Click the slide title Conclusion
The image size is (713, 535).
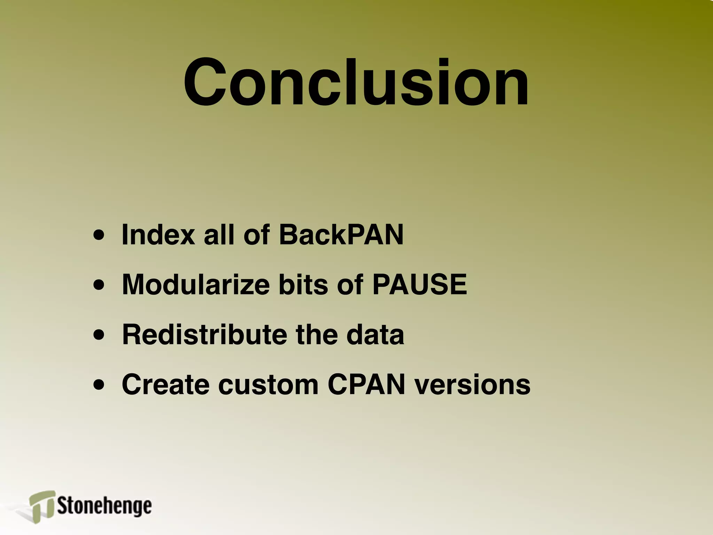(x=356, y=83)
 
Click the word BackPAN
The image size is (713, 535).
(x=341, y=234)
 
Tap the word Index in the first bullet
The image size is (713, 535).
(x=158, y=234)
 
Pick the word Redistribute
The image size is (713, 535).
(x=204, y=334)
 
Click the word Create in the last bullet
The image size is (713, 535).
(x=165, y=385)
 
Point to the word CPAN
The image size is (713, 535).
(x=366, y=385)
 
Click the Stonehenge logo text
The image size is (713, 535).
(x=104, y=506)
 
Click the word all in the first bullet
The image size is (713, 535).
(x=219, y=234)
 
